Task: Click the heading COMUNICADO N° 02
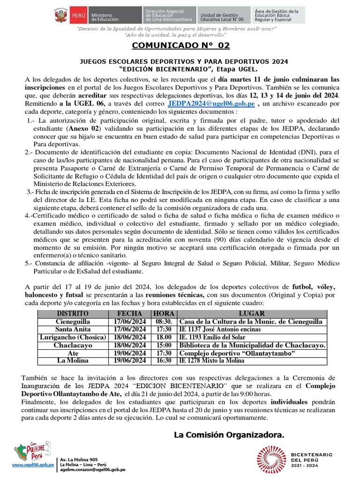(180, 46)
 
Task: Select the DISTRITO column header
(73, 314)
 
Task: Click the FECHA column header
(130, 314)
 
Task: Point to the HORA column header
(164, 314)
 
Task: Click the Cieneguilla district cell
(73, 322)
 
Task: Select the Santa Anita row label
(73, 330)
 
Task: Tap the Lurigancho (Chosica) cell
(73, 337)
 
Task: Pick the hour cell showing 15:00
(164, 345)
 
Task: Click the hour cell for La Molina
(164, 361)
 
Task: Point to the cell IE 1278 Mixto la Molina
(211, 361)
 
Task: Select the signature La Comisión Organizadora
(229, 435)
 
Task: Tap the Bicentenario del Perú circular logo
(270, 459)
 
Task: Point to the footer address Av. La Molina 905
(79, 459)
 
